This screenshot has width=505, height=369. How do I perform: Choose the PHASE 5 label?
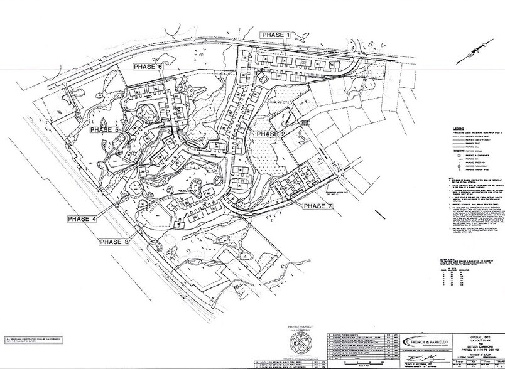point(104,129)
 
